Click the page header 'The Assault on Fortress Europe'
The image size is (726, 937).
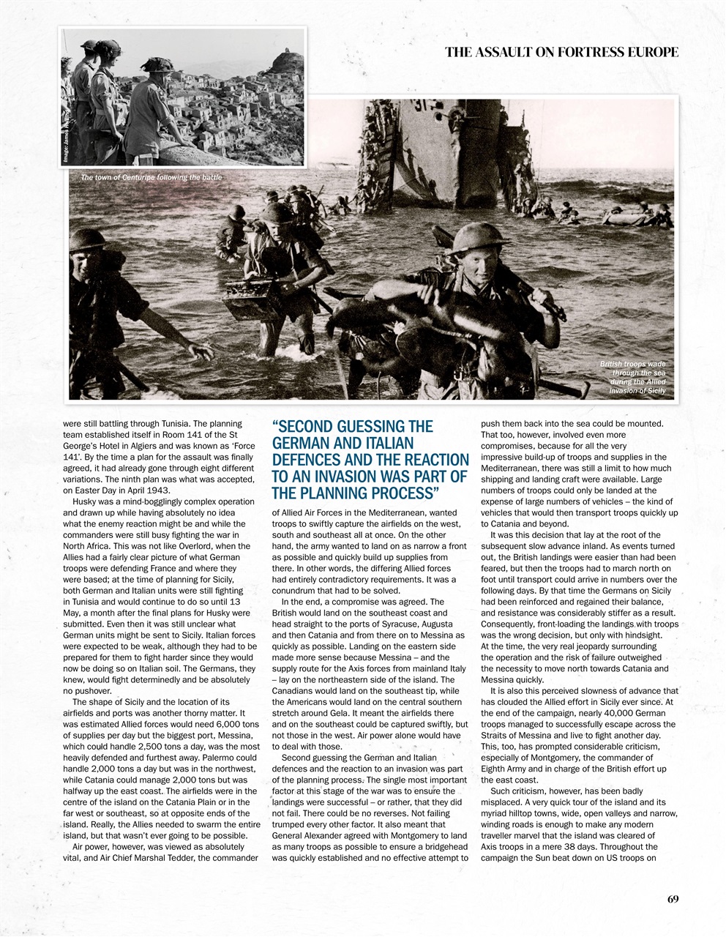(561, 52)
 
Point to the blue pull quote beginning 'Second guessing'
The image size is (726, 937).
(370, 459)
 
